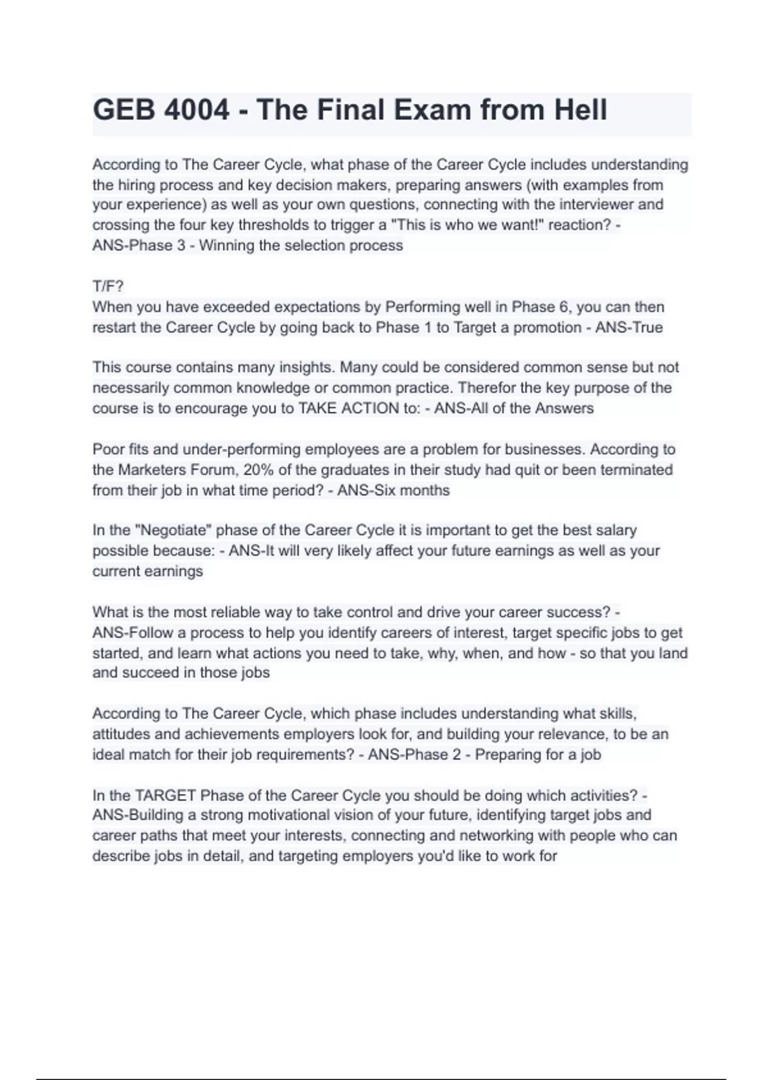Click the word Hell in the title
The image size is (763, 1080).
point(581,110)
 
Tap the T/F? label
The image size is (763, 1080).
point(108,287)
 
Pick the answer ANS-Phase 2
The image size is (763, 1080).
point(403,755)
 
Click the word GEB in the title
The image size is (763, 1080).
point(124,110)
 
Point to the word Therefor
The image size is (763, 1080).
point(486,388)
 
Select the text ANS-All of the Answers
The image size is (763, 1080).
point(514,408)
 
